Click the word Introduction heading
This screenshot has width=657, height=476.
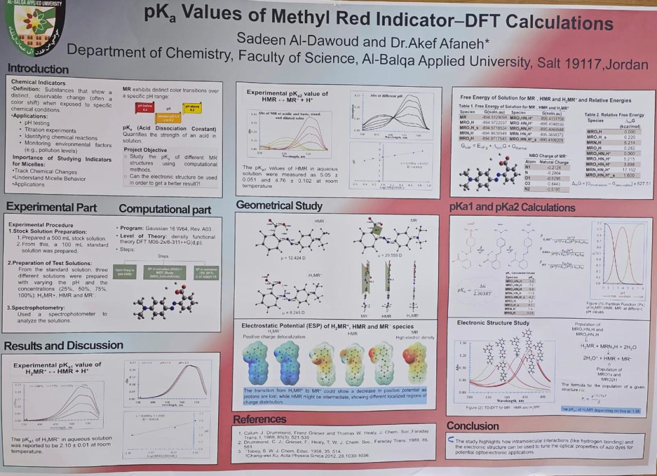38,68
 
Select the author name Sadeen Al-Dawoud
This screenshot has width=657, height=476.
292,37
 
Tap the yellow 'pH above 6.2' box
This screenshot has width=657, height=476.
192,107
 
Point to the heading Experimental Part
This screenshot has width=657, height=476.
51,208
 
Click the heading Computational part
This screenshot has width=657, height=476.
165,210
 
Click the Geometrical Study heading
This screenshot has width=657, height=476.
279,206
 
